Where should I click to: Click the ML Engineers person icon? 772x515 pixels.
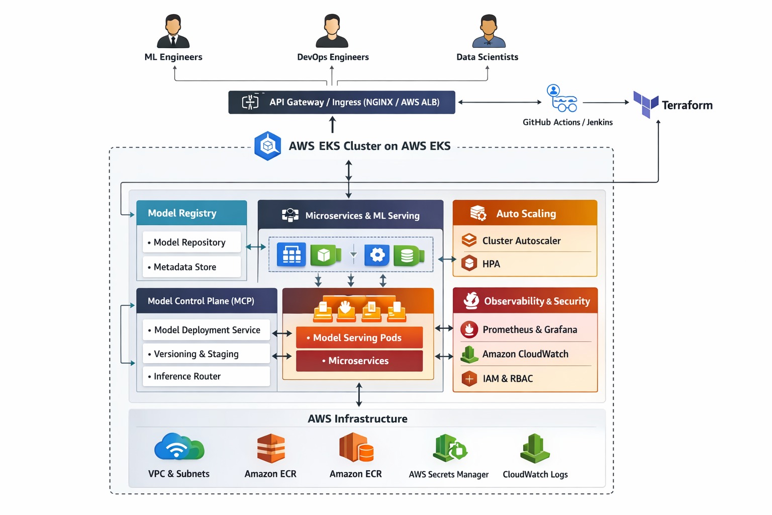(173, 32)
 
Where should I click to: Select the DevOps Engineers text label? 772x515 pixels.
(333, 57)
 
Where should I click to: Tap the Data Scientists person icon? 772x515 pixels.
(489, 32)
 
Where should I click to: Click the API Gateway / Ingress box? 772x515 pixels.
(342, 102)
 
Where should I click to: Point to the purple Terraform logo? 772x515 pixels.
(645, 104)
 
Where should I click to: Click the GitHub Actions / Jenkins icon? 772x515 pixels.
(562, 99)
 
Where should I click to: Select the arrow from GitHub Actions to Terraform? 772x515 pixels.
(605, 103)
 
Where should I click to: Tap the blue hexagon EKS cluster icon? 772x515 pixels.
(268, 146)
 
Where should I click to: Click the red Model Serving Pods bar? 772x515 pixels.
(359, 338)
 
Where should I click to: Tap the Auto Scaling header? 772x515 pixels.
(525, 214)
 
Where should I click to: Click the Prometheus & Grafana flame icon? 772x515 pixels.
(469, 329)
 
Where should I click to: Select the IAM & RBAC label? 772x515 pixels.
(508, 379)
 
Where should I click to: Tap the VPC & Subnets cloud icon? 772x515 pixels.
(179, 447)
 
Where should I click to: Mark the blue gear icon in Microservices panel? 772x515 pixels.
(377, 255)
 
